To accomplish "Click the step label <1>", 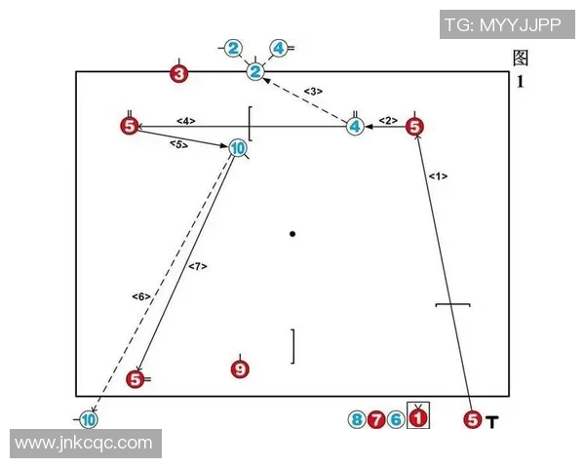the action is click(438, 175).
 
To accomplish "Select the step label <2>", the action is click(388, 120).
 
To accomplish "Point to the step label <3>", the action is click(313, 91).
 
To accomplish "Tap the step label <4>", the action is click(186, 121).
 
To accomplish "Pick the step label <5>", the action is click(178, 144).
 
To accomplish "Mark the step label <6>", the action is click(141, 296).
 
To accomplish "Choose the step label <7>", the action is click(197, 266).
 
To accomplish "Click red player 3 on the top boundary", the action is click(179, 73).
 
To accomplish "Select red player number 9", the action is click(240, 370).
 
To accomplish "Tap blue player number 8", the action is click(357, 419).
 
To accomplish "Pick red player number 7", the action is click(376, 419).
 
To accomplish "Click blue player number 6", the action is click(396, 419).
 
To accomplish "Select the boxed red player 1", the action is click(418, 417).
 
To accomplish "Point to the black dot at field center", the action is click(292, 234).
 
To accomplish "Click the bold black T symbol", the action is click(492, 422).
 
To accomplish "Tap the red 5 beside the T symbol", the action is click(473, 419).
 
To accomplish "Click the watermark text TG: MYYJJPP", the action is click(503, 25).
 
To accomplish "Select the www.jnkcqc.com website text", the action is click(84, 443).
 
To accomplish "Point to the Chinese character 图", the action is click(521, 58).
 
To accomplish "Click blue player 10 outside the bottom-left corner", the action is click(89, 420).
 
